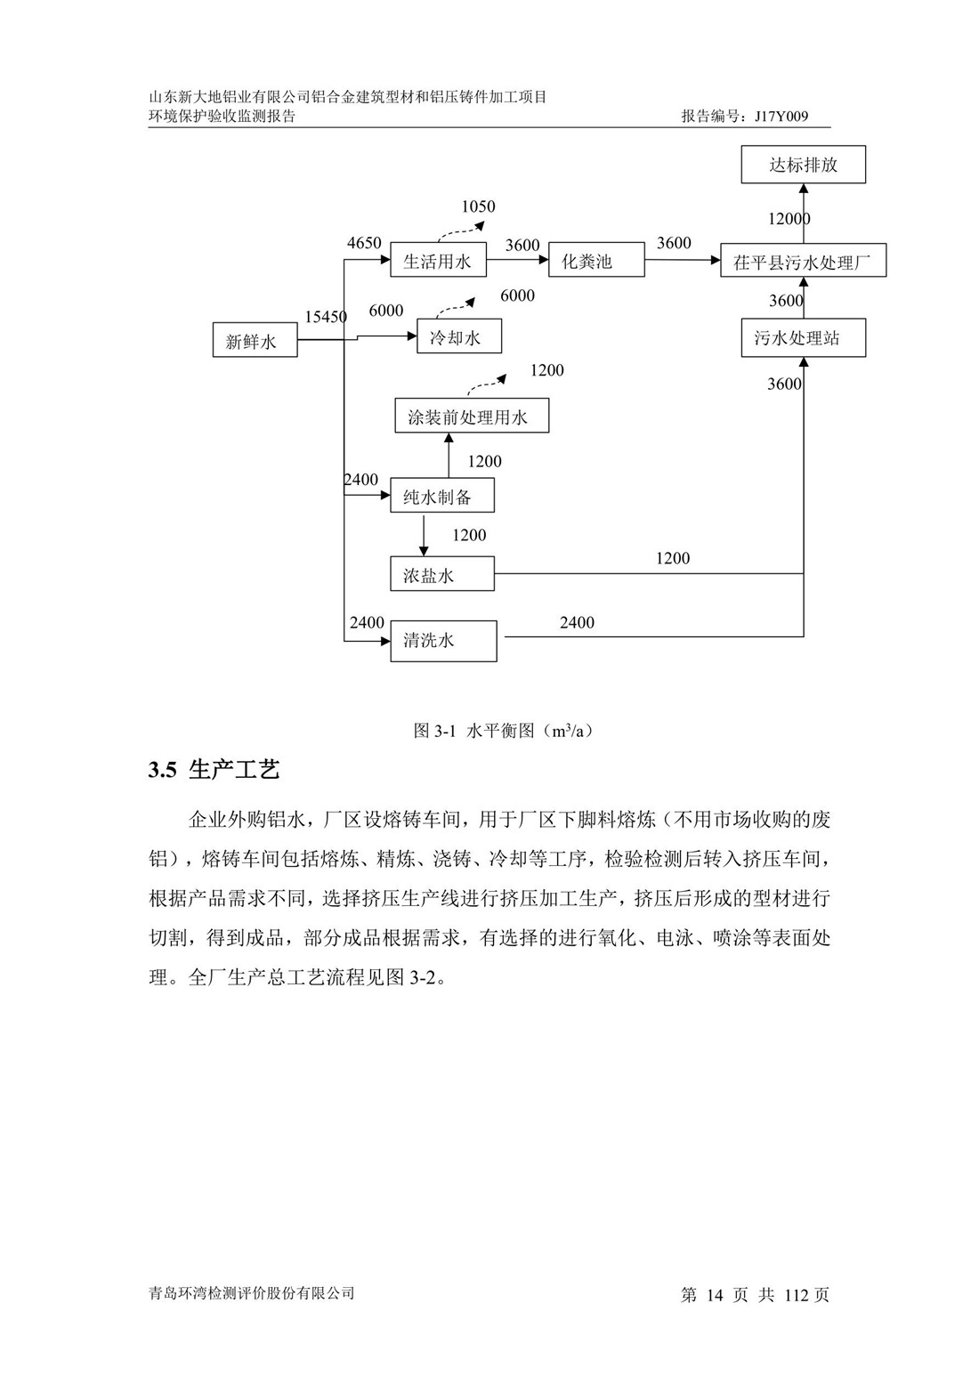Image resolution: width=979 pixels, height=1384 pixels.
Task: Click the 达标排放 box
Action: pyautogui.click(x=803, y=165)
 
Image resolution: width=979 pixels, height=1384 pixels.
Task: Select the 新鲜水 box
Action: pyautogui.click(x=255, y=341)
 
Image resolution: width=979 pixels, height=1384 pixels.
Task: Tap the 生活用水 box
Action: pyautogui.click(x=438, y=262)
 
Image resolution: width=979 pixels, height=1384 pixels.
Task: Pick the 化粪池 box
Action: pyautogui.click(x=595, y=261)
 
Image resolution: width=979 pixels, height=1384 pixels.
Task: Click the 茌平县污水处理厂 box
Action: pyautogui.click(x=803, y=262)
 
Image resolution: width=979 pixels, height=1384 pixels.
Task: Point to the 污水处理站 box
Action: pyautogui.click(x=803, y=338)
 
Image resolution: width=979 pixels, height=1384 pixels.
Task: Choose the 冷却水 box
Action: pyautogui.click(x=459, y=337)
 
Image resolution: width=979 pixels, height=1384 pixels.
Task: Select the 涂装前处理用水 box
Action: pyautogui.click(x=472, y=417)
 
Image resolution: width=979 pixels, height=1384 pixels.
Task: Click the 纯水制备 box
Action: pyautogui.click(x=442, y=496)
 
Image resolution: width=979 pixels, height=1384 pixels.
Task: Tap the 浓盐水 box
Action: pyautogui.click(x=442, y=575)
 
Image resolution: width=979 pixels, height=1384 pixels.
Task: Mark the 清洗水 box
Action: pyautogui.click(x=443, y=641)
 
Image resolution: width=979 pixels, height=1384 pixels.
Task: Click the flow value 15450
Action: pyautogui.click(x=326, y=317)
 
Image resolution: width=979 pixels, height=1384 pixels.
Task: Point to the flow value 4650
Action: pyautogui.click(x=364, y=243)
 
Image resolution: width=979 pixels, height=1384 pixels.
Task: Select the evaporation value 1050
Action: pyautogui.click(x=478, y=207)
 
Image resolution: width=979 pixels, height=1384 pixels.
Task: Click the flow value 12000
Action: pyautogui.click(x=789, y=219)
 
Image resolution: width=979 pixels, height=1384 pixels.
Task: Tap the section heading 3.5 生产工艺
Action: pyautogui.click(x=214, y=770)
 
